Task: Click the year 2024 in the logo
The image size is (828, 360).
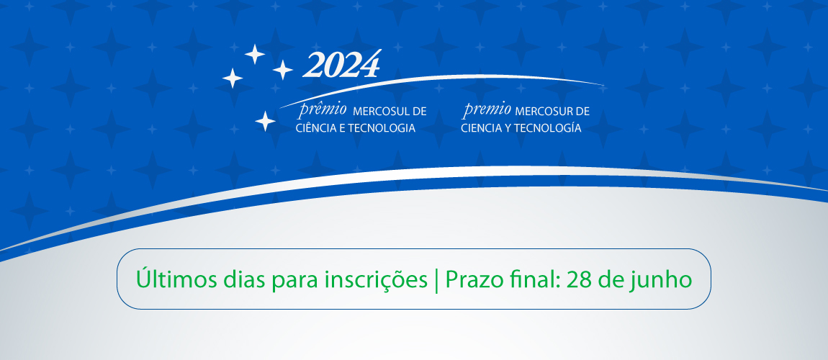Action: coord(341,66)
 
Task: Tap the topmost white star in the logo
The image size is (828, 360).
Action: coord(253,53)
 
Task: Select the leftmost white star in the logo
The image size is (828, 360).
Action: coord(232,78)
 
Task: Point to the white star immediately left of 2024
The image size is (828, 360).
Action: coord(282,70)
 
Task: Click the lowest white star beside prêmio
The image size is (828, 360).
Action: coord(265,121)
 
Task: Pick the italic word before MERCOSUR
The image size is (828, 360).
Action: coord(487,110)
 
